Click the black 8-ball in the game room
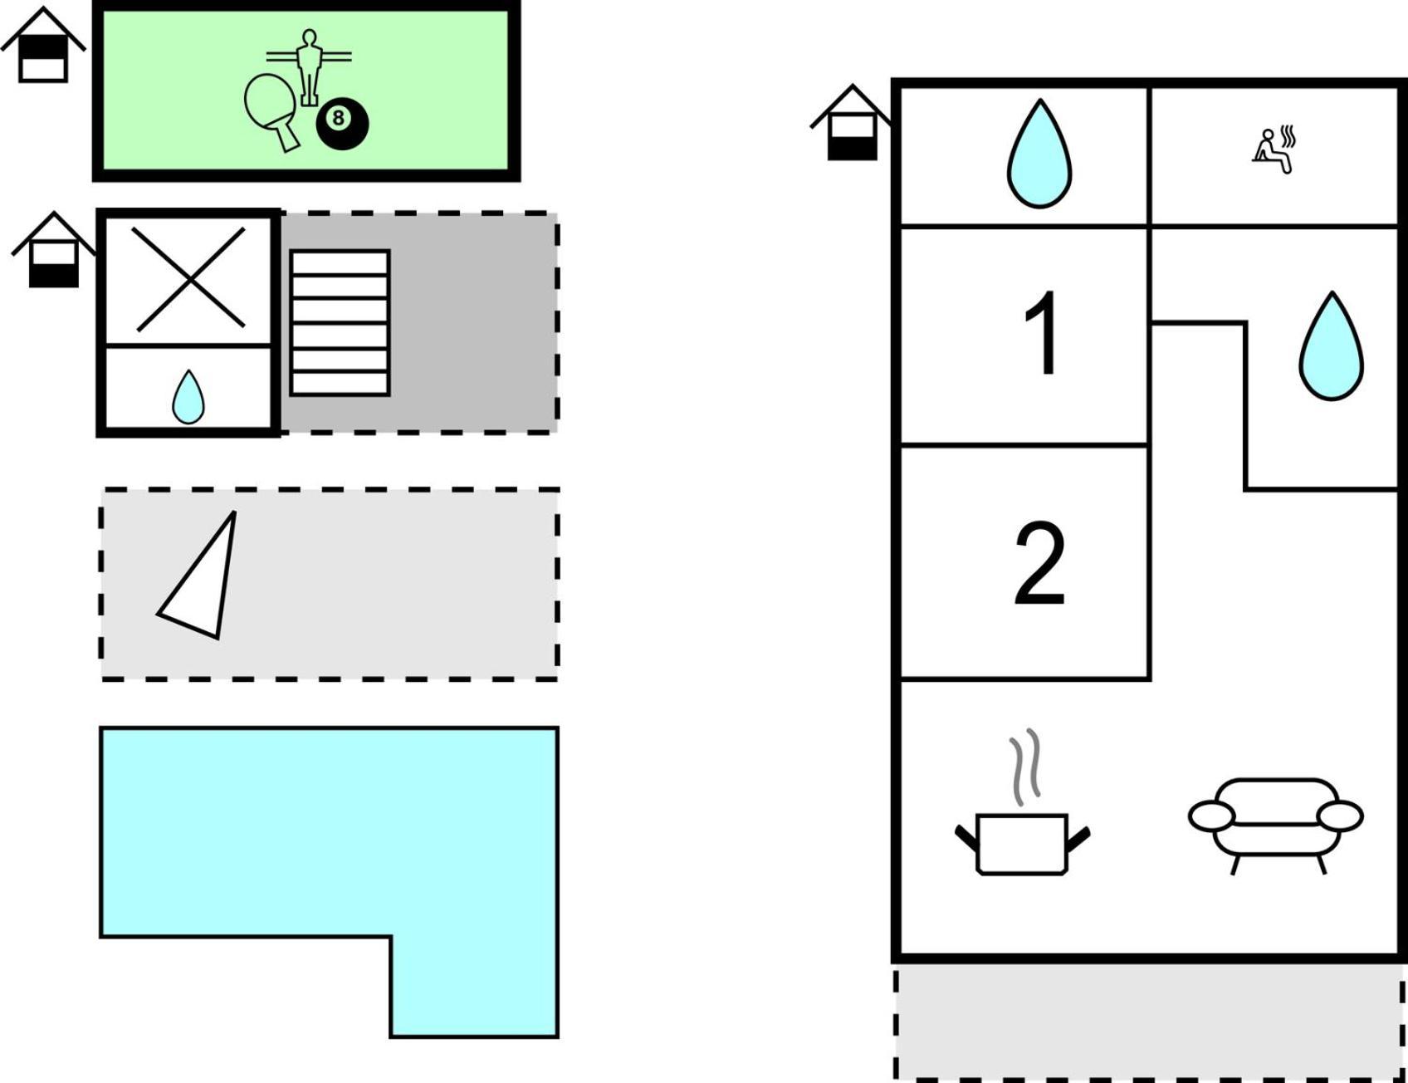pos(342,125)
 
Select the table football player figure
pos(309,66)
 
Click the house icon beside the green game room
pos(43,45)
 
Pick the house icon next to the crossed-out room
pos(54,249)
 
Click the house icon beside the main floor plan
pos(852,122)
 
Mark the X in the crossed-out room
pos(189,279)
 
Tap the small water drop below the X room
pos(188,397)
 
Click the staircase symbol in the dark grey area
pos(340,323)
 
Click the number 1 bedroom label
pos(1041,334)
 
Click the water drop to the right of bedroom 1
pos(1331,346)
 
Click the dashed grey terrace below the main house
pos(1150,1022)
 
